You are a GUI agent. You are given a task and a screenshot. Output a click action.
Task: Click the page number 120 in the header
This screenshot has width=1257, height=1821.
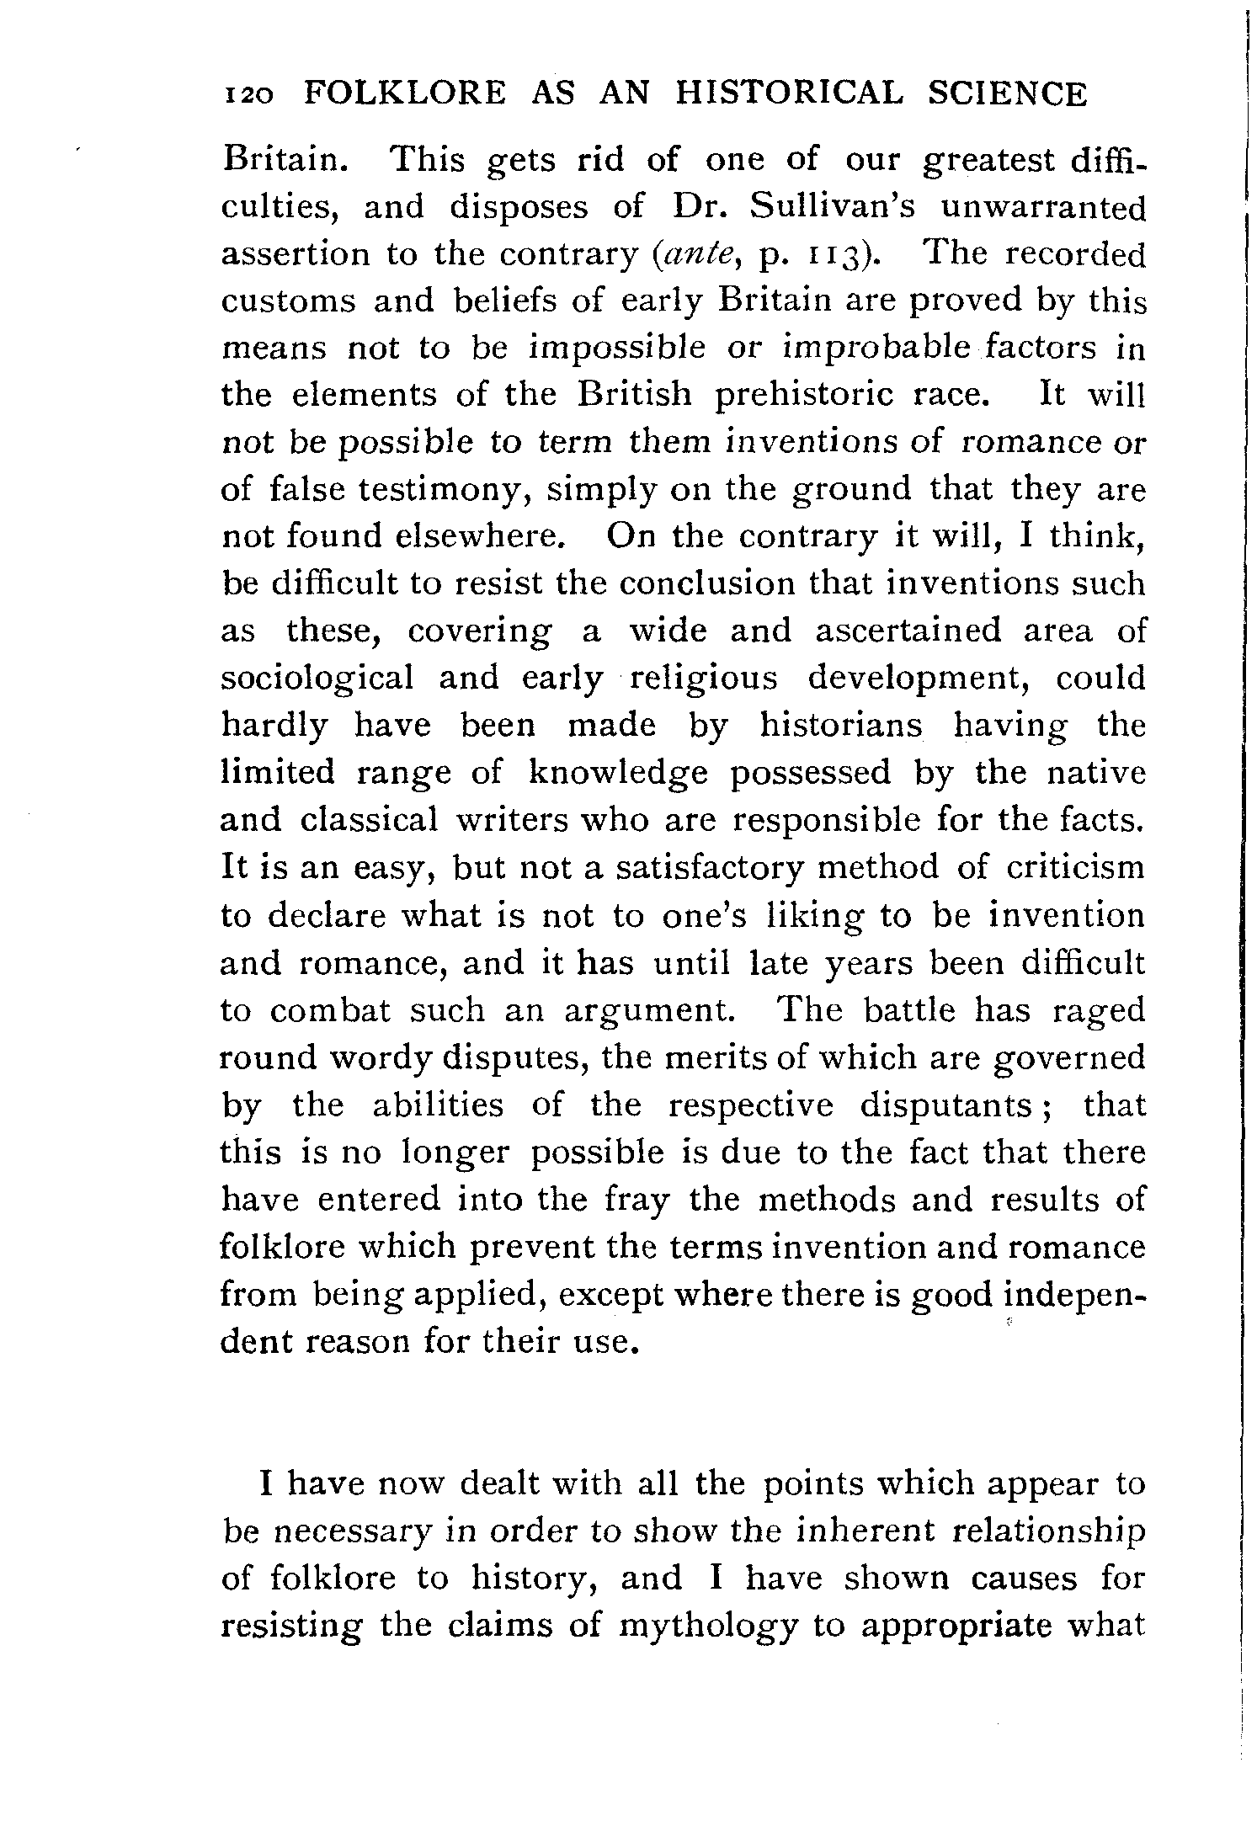[251, 94]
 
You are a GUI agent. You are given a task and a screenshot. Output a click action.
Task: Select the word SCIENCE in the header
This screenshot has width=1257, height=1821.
[1008, 93]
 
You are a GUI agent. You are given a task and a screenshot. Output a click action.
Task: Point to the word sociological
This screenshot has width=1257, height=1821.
[317, 679]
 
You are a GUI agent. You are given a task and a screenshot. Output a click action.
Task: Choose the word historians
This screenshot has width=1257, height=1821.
[840, 725]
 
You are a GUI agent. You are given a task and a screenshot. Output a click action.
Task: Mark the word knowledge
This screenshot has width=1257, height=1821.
[618, 773]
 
